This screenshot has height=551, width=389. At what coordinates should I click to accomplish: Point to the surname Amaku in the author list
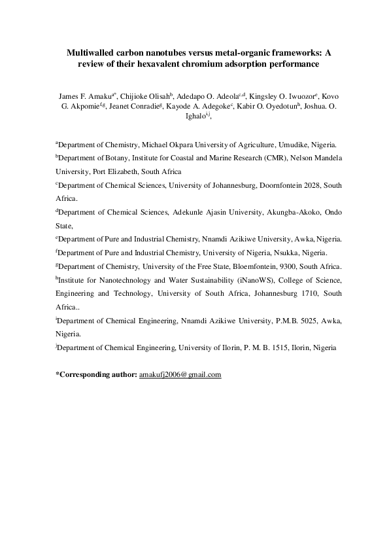[x=90, y=97]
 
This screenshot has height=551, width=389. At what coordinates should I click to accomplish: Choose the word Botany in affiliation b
[x=114, y=159]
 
